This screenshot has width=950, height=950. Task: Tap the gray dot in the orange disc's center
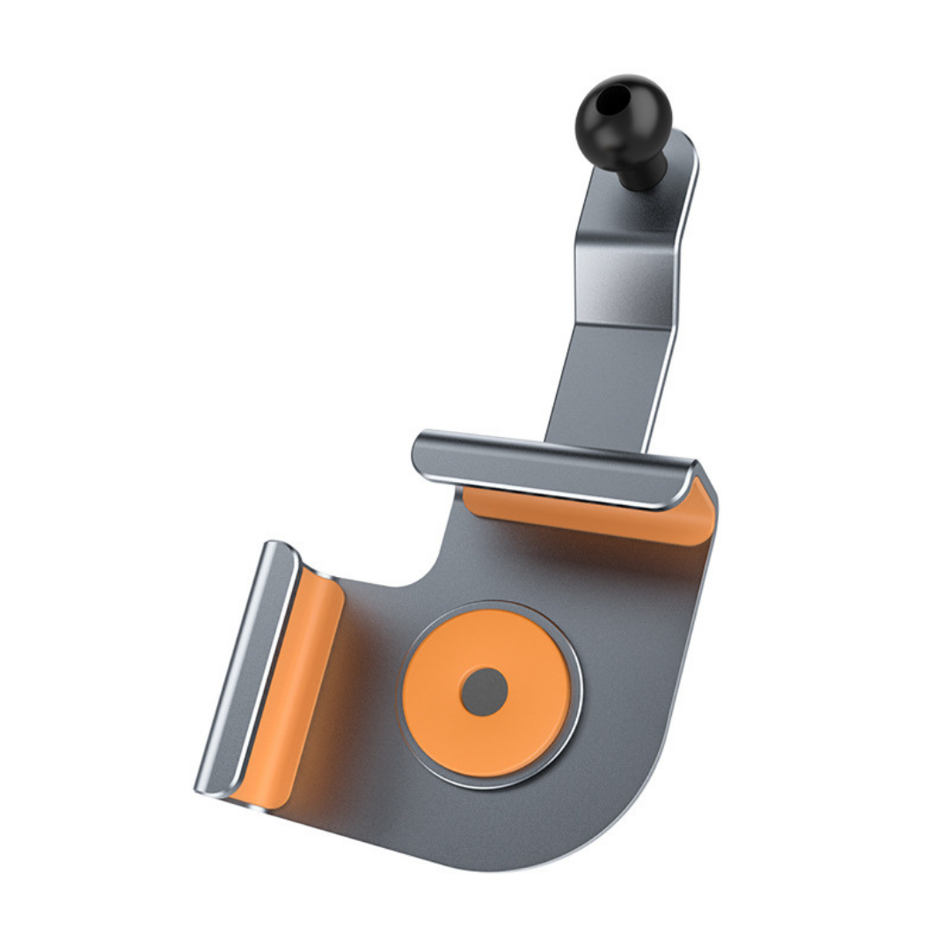click(x=484, y=691)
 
